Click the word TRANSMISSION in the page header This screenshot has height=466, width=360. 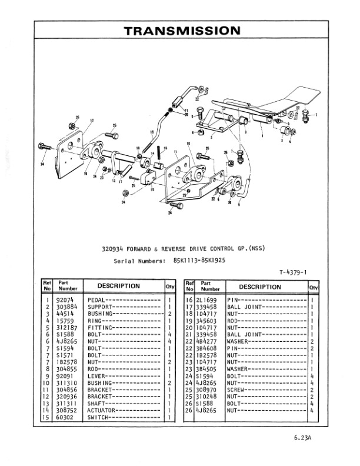point(182,31)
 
